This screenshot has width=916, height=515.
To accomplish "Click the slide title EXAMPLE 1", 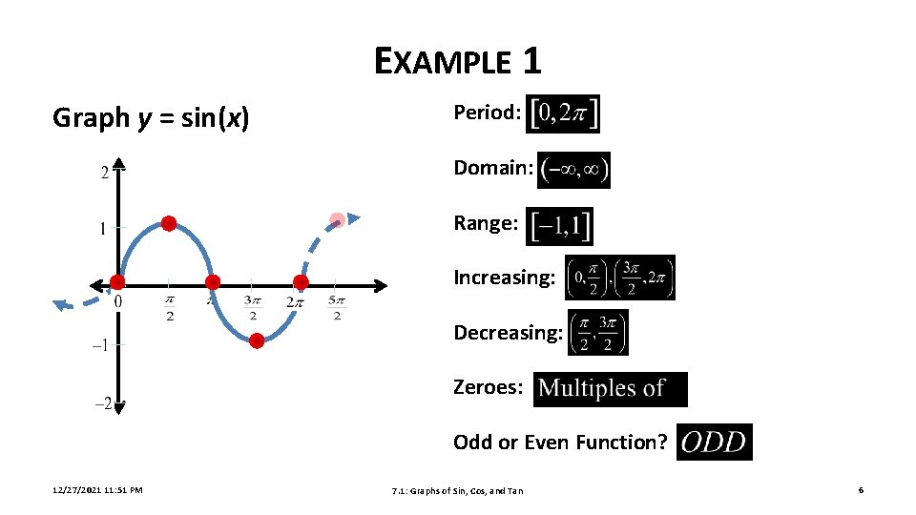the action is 458,61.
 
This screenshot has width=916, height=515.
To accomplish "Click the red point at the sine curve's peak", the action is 169,224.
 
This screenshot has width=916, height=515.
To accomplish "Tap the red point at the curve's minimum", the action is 257,340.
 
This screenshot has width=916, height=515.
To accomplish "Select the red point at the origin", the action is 117,282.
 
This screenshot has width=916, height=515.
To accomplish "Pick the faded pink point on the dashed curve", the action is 337,220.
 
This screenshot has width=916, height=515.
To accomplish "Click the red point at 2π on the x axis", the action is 301,282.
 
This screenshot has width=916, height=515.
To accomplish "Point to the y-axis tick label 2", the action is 104,173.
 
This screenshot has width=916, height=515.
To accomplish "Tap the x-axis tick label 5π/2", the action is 336,308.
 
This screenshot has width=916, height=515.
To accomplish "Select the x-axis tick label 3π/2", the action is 252,308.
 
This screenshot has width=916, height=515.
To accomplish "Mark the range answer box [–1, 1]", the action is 559,226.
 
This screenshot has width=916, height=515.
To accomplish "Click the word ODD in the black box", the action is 714,443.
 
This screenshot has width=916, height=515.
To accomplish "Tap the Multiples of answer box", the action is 610,389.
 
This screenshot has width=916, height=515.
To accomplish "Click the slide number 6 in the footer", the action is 861,490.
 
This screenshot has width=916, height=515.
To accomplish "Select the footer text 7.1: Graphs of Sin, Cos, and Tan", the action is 458,491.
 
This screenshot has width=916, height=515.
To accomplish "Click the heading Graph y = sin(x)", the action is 151,118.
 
